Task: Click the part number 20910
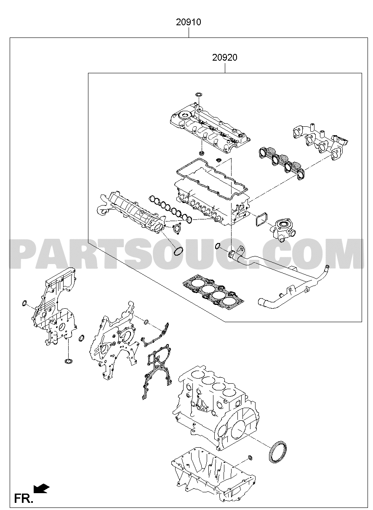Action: point(189,22)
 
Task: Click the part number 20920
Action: point(225,58)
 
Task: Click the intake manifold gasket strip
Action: point(171,208)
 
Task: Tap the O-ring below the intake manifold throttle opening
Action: point(179,251)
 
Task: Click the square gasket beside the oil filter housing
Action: point(261,219)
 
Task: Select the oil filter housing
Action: point(282,230)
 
